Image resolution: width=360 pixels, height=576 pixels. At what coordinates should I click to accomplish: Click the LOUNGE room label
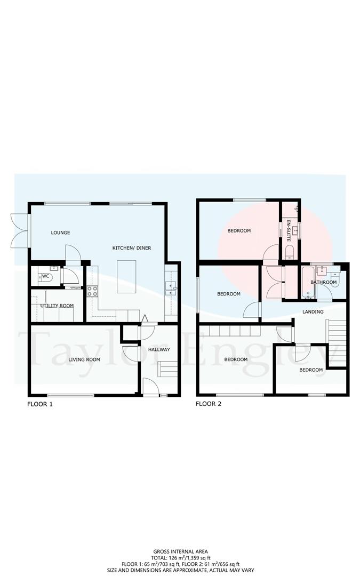[60, 233]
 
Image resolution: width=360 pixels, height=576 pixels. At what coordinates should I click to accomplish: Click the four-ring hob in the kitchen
[92, 291]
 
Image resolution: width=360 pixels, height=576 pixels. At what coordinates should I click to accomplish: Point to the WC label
[46, 276]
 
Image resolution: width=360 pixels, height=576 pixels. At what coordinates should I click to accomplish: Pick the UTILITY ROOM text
[57, 306]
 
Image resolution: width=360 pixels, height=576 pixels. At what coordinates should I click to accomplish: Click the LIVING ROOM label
[84, 359]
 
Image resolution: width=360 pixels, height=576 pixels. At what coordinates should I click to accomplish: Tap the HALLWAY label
[159, 349]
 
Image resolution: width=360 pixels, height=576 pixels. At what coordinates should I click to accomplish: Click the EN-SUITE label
[289, 230]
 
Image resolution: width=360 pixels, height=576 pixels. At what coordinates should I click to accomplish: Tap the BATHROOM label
[324, 282]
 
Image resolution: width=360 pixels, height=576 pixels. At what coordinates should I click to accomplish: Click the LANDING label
[313, 311]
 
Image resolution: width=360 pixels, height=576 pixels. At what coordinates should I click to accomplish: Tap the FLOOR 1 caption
[40, 404]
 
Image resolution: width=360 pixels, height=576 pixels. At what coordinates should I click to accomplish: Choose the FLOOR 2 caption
[209, 404]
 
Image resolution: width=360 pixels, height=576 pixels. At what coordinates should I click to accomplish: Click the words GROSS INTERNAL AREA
[180, 551]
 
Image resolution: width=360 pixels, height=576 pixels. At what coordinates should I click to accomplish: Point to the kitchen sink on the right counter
[172, 289]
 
